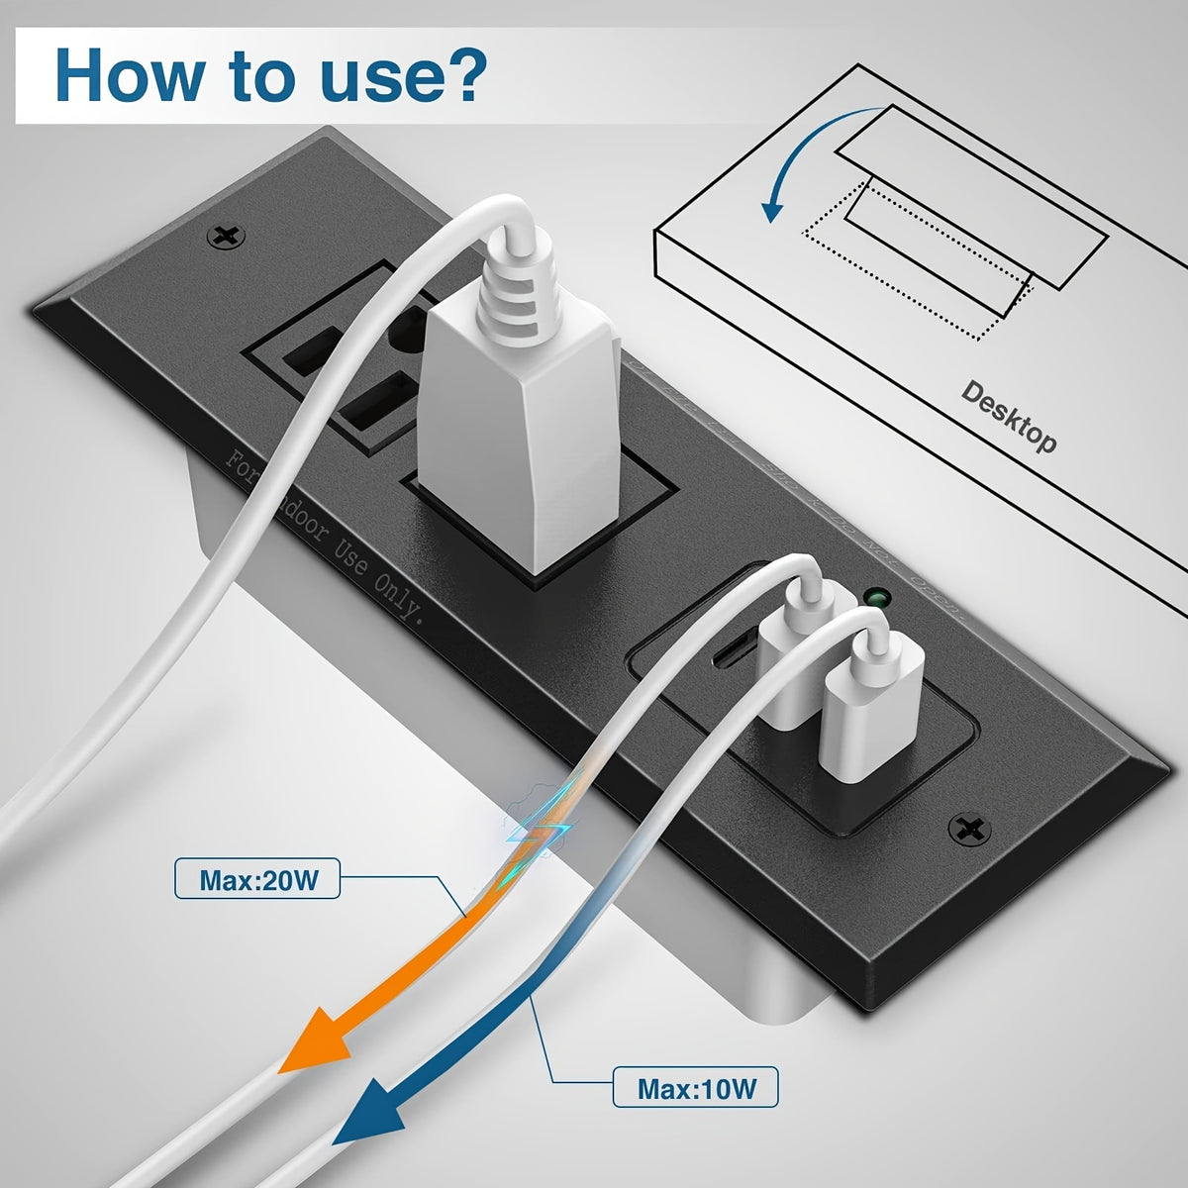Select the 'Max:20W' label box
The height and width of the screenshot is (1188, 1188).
[256, 879]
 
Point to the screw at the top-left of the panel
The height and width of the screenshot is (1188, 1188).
[227, 237]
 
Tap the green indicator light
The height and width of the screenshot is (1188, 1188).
[875, 598]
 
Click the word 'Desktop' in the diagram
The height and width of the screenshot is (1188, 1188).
[1008, 416]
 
